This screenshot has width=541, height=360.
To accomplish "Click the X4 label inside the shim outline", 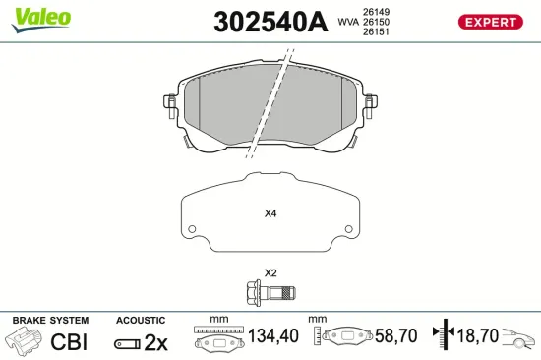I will [x=270, y=213].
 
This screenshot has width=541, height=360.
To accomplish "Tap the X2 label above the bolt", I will [x=270, y=272].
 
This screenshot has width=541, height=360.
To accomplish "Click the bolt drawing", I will [x=270, y=291].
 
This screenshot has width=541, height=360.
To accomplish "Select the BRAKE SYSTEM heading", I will [x=49, y=321].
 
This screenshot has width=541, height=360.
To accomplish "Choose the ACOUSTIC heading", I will [x=141, y=321].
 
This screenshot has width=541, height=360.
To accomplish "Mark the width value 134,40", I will [x=271, y=336].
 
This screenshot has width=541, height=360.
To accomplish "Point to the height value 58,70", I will [x=396, y=336].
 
